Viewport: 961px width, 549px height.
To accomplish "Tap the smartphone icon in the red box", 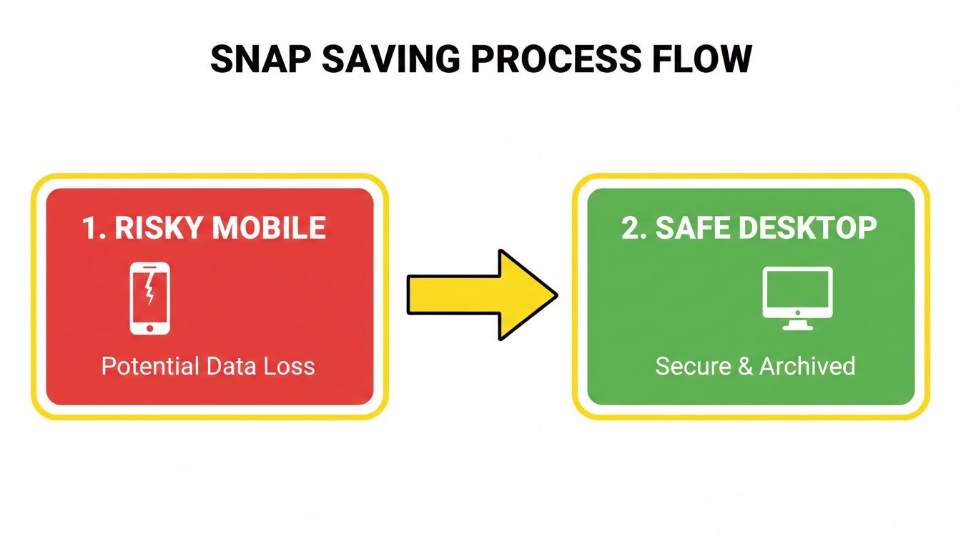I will tap(150, 298).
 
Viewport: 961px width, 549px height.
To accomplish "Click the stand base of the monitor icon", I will tap(797, 327).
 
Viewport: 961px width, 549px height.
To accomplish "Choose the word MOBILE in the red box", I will tap(270, 228).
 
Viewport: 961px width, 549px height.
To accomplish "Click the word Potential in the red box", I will tap(150, 367).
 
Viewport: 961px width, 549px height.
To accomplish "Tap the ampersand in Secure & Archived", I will tap(744, 367).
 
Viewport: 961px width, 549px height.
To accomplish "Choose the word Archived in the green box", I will tap(807, 367).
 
